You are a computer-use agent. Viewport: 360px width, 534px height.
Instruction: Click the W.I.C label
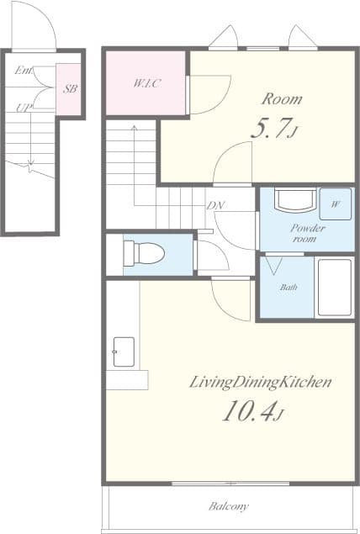[146, 83]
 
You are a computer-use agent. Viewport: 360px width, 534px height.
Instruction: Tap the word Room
[282, 99]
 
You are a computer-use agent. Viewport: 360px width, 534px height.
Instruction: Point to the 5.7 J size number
[274, 129]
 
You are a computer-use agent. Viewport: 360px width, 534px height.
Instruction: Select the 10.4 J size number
[252, 410]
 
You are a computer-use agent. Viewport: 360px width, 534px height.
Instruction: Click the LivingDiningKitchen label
[260, 382]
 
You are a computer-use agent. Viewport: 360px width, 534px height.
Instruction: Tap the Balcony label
[229, 506]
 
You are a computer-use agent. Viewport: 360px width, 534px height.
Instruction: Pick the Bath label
[289, 288]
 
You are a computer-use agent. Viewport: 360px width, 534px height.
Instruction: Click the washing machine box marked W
[336, 204]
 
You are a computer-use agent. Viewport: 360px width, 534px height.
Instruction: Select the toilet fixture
[144, 253]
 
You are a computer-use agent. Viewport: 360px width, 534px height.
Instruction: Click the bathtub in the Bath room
[335, 288]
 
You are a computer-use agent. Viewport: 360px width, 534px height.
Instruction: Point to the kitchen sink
[124, 352]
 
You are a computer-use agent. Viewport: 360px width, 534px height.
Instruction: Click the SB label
[70, 89]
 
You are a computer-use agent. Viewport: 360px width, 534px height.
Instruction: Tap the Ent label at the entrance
[24, 71]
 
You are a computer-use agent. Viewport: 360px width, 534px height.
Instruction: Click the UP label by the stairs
[24, 108]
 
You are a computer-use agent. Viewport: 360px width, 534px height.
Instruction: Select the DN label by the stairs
[215, 205]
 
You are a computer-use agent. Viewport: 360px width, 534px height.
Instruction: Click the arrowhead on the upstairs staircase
[135, 128]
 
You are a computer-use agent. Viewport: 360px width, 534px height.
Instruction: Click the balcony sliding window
[230, 483]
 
